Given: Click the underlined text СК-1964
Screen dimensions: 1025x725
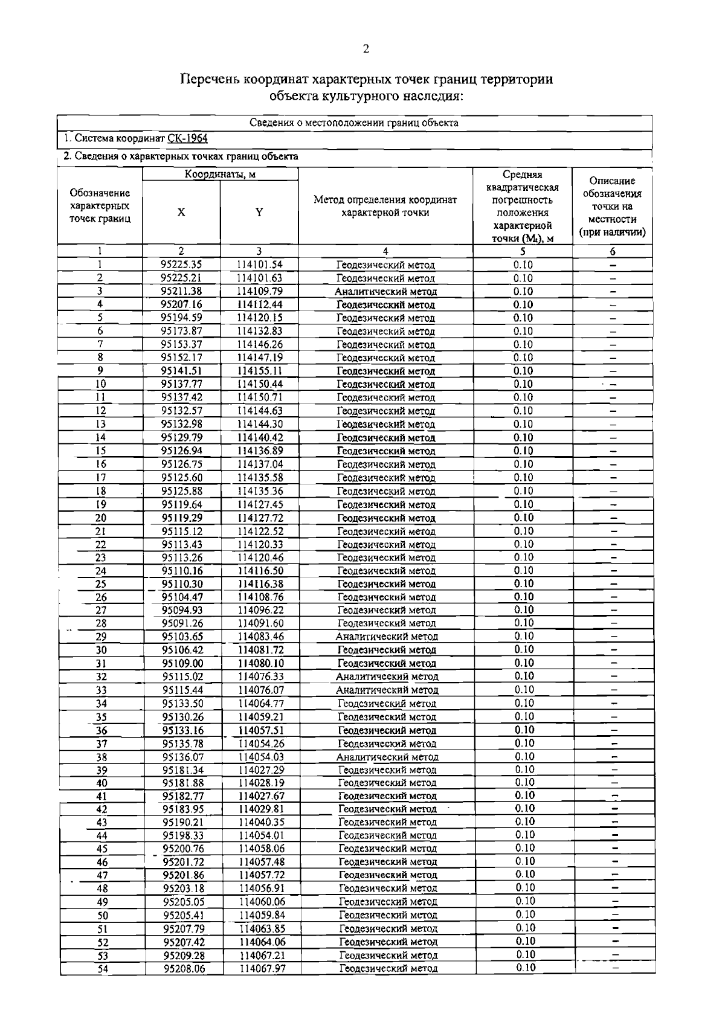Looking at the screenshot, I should coord(187,139).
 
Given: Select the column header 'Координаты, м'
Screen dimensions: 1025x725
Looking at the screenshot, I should coord(220,174).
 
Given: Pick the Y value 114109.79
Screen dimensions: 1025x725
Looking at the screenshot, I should coord(259,291).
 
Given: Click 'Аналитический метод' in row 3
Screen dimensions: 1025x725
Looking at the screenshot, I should coord(385,291).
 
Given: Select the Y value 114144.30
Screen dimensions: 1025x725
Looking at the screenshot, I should coord(259,424).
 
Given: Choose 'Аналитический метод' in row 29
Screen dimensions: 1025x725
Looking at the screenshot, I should coord(387,637).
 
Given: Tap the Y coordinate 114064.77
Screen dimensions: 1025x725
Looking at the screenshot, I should coord(261,703).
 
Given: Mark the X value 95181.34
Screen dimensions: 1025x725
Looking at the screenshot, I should coord(184,770).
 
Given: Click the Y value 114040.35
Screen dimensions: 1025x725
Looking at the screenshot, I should coord(261,822).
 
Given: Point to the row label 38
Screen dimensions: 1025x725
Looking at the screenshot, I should coord(101,757).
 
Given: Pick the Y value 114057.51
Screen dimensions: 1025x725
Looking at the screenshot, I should coord(261,730).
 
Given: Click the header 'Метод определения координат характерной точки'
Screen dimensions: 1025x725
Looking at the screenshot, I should coord(385,206).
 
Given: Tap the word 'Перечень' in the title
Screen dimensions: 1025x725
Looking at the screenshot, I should coord(209,80).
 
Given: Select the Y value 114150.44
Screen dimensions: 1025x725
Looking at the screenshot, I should coord(259,384).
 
